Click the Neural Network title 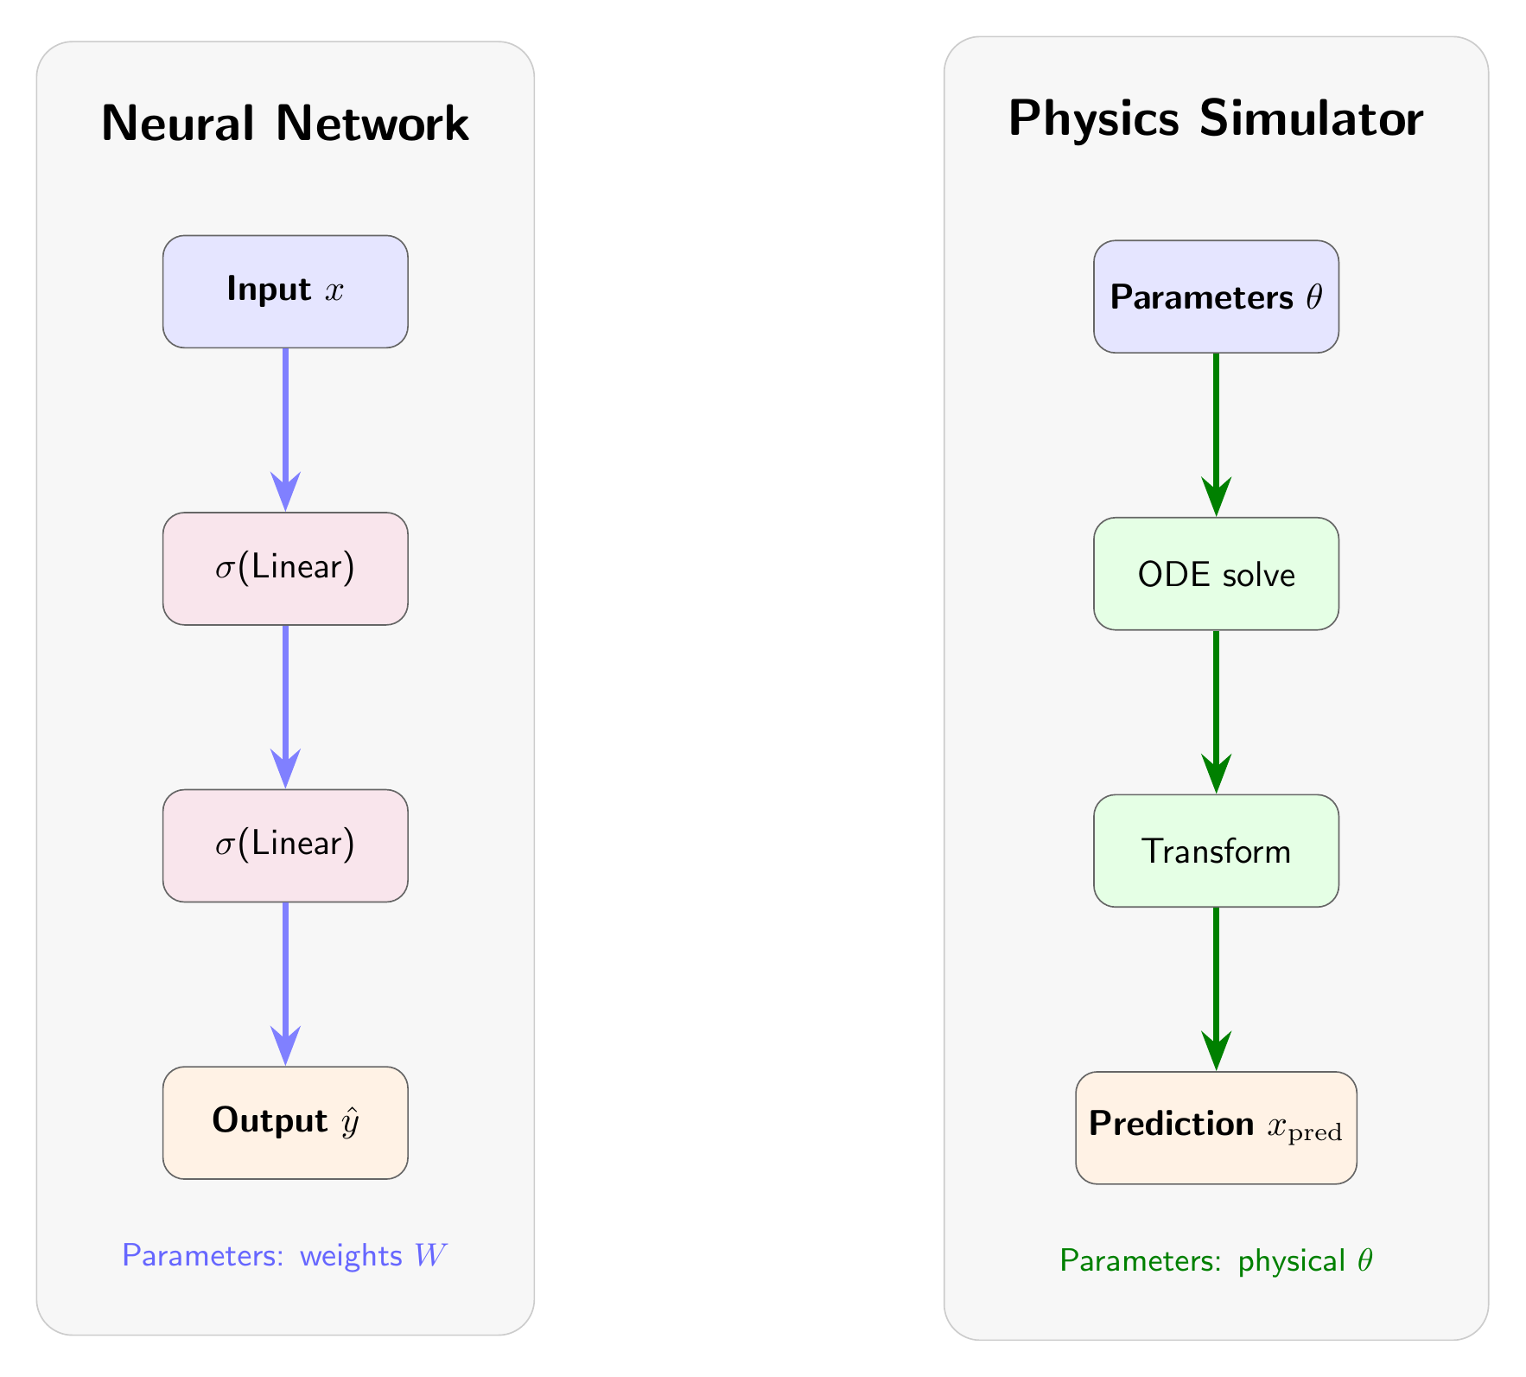(285, 124)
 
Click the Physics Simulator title (1216, 118)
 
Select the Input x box (285, 291)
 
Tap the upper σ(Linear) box (285, 569)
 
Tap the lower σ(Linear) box (285, 845)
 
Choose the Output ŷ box (285, 1122)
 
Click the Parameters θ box (1216, 296)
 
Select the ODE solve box (1216, 574)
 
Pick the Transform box (1216, 851)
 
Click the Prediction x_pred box (1216, 1127)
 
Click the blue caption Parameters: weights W (285, 1256)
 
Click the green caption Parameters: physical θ (1216, 1262)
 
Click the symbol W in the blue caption (429, 1256)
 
